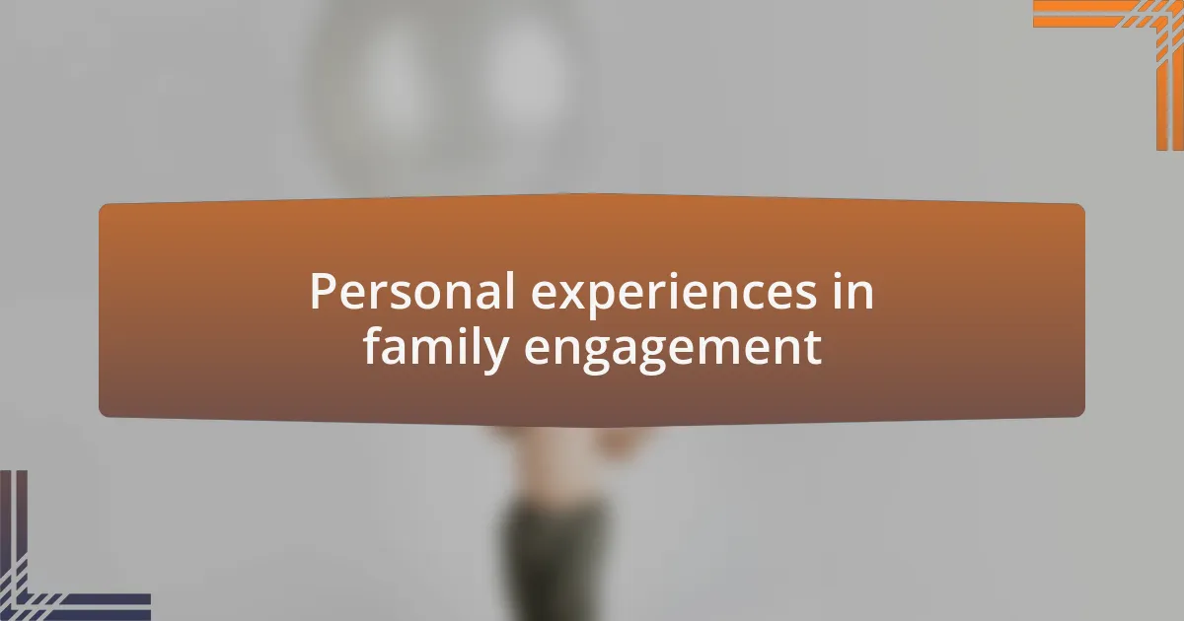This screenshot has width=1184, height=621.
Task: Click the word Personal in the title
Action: (412, 291)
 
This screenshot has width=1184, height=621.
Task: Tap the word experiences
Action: (674, 295)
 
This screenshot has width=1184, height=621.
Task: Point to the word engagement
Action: (673, 351)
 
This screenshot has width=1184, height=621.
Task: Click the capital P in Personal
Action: (323, 291)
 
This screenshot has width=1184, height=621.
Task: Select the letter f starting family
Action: (373, 345)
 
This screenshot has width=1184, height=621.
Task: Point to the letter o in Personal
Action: (428, 295)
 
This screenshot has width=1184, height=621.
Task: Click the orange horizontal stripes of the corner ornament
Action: (1083, 14)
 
